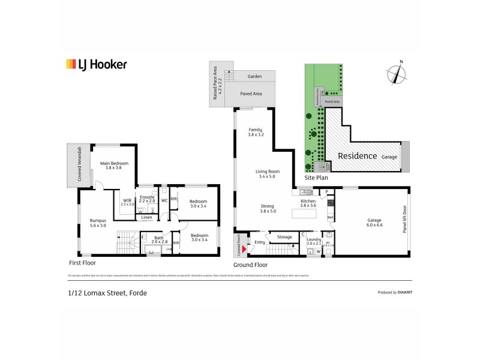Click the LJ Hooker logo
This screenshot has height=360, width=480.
tap(95, 64)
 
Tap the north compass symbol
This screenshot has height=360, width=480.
tap(396, 74)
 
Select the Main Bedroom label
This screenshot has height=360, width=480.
tap(113, 165)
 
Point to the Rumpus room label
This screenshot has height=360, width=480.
tap(97, 223)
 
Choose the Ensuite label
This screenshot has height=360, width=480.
tap(147, 199)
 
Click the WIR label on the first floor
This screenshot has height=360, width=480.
tap(127, 202)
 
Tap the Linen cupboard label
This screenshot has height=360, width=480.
tap(147, 217)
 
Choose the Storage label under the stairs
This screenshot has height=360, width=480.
tap(284, 237)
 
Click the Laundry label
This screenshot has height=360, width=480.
tap(313, 241)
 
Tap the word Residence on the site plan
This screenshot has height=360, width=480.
tap(358, 155)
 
